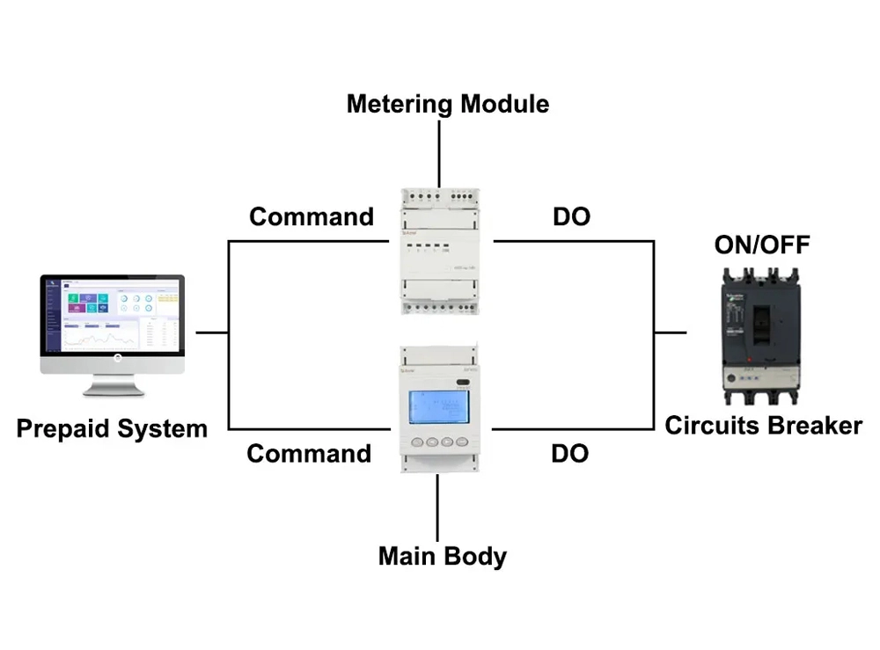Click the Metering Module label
coord(447,104)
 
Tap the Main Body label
coord(442,556)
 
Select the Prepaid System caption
coord(112,429)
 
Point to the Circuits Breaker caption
coord(763,426)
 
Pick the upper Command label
coord(312,216)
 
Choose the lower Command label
coord(309,454)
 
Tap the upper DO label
coord(571,216)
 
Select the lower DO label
coord(569,454)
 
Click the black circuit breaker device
coord(763,334)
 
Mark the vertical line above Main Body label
coord(437,505)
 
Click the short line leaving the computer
coord(211,333)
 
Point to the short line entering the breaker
coord(670,333)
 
